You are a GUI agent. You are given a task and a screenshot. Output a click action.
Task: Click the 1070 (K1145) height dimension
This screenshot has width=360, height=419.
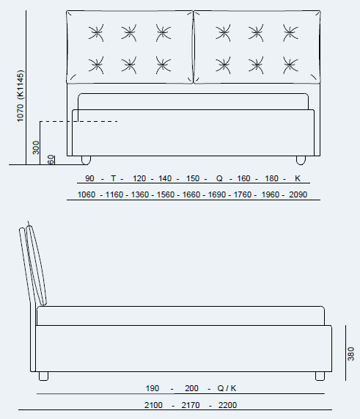click(x=21, y=96)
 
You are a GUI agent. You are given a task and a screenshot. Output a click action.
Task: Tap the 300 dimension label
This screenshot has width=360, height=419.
click(x=36, y=147)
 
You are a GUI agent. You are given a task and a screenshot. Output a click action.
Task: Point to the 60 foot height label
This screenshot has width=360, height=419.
click(x=51, y=159)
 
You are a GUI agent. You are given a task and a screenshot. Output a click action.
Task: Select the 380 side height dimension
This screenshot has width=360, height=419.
click(x=350, y=354)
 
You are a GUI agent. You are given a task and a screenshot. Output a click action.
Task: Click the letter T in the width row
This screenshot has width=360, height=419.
click(x=113, y=178)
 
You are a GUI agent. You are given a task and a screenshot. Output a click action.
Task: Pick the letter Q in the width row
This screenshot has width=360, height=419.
click(x=219, y=178)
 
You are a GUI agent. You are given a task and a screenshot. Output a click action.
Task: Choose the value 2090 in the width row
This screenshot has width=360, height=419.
click(x=298, y=194)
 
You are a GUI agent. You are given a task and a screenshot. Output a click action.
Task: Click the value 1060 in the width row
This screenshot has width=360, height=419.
click(x=87, y=194)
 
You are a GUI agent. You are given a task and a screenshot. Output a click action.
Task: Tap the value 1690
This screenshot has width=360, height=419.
click(x=217, y=194)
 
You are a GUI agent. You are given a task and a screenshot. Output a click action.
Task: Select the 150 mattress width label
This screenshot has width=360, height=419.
click(x=193, y=178)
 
